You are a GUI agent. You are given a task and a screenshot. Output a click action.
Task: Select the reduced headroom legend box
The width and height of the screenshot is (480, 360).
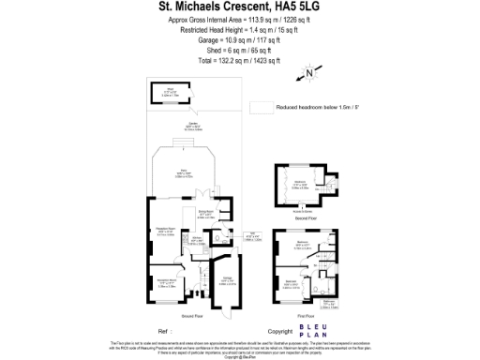click(262, 108)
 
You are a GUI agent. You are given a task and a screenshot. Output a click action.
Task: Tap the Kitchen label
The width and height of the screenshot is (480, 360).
click(198, 240)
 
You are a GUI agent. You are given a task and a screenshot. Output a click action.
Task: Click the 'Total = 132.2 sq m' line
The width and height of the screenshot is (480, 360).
click(239, 60)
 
